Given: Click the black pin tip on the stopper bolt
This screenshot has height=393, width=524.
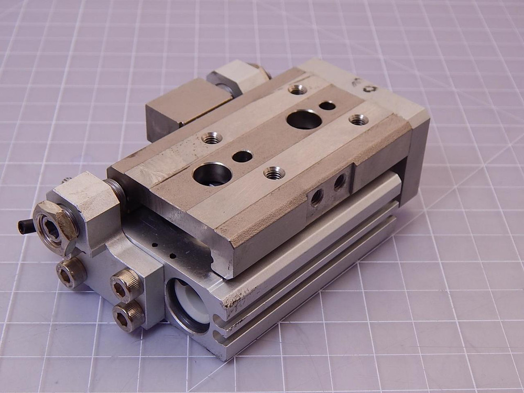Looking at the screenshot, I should click(x=23, y=226).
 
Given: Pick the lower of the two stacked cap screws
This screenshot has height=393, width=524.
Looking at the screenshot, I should click(x=127, y=316).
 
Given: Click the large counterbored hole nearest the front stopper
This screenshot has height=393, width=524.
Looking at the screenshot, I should click(x=212, y=173).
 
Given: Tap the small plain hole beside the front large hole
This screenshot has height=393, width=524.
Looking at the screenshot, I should click(x=242, y=156).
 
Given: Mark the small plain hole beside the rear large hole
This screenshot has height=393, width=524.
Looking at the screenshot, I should click(x=327, y=106).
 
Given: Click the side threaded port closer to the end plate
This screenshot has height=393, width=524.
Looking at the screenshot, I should click(x=340, y=182).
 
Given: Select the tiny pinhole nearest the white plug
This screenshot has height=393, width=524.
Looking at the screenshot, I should click(x=172, y=256).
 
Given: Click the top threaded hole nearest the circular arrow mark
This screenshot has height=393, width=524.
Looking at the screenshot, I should click(x=358, y=120).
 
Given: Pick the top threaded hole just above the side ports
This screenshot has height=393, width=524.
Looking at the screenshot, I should click(x=274, y=172).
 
